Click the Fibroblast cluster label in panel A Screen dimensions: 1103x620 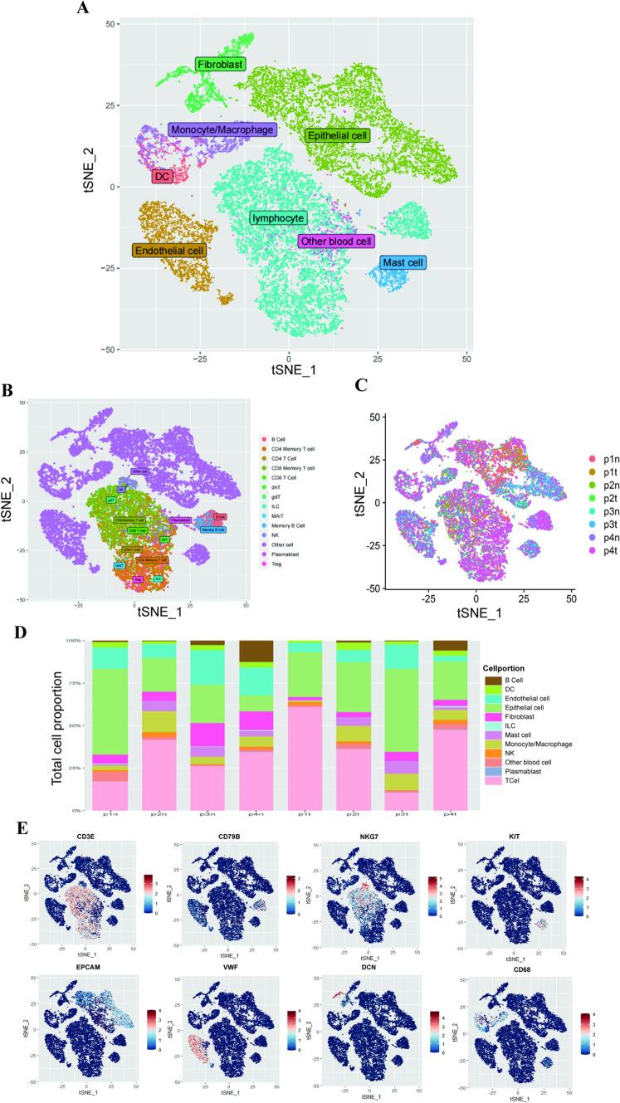pyautogui.click(x=222, y=64)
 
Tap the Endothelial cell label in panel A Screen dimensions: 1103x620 pyautogui.click(x=169, y=250)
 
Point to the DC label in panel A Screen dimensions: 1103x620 pyautogui.click(x=161, y=177)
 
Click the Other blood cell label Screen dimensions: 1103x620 pyautogui.click(x=336, y=242)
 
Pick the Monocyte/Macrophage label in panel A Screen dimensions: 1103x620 pyautogui.click(x=222, y=130)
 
